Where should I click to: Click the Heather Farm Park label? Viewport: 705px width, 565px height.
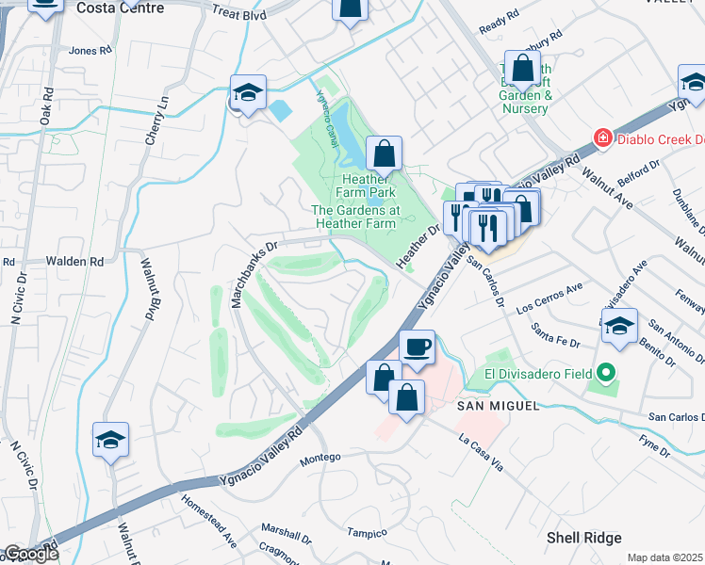[369, 186]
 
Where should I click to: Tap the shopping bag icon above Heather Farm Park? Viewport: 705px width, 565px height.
[385, 153]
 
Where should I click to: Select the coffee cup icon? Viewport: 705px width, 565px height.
[417, 347]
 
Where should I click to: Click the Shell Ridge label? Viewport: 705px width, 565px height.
[583, 538]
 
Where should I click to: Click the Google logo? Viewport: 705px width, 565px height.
[31, 554]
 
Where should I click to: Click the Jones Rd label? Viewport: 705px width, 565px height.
[90, 51]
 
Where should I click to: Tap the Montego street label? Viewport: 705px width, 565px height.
[320, 460]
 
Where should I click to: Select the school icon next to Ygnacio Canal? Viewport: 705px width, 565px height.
[248, 93]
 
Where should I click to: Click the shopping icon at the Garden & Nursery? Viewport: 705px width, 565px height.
[522, 69]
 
